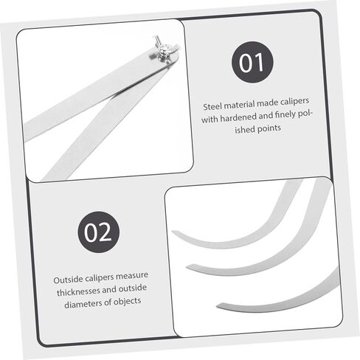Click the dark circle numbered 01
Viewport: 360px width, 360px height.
point(252,62)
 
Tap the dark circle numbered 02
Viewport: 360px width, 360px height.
point(99,232)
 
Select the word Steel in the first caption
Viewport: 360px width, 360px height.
point(212,107)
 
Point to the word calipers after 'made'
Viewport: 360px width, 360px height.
point(294,102)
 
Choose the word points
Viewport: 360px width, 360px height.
point(269,128)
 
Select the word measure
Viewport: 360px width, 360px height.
point(131,276)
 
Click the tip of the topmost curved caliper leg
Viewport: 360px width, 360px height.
point(173,232)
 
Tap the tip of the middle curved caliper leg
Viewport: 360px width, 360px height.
point(187,266)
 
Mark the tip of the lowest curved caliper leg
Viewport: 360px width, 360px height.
point(218,306)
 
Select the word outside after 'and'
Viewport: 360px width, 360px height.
point(133,288)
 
